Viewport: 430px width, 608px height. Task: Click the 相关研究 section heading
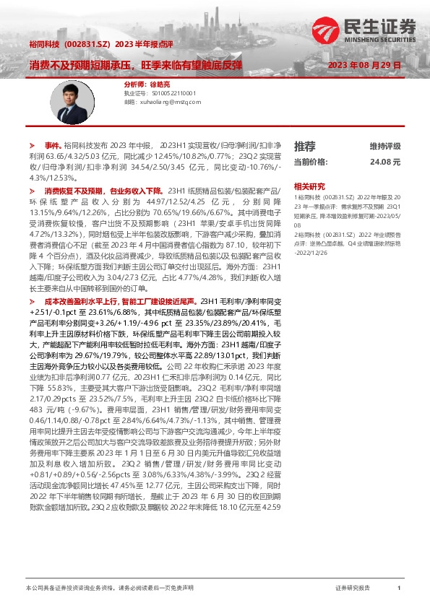(309, 186)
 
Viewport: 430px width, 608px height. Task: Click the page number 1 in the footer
(398, 589)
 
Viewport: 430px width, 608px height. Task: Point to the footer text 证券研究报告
(353, 589)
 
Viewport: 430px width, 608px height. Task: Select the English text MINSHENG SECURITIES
(378, 38)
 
